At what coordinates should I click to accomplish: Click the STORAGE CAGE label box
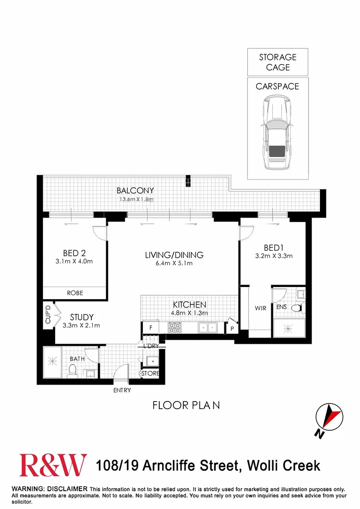pos(278,62)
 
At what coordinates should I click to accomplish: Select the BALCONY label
pos(135,191)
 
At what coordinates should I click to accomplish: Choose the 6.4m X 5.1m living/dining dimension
pos(174,263)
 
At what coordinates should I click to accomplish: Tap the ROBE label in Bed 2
pos(74,293)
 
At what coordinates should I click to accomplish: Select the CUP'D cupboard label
pos(48,315)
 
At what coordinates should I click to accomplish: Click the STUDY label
pos(82,317)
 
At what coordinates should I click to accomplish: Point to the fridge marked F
pos(150,327)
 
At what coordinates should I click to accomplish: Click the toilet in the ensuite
pos(297,308)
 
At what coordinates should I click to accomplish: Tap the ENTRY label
pos(122,390)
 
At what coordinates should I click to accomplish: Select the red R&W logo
pos(53,465)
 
